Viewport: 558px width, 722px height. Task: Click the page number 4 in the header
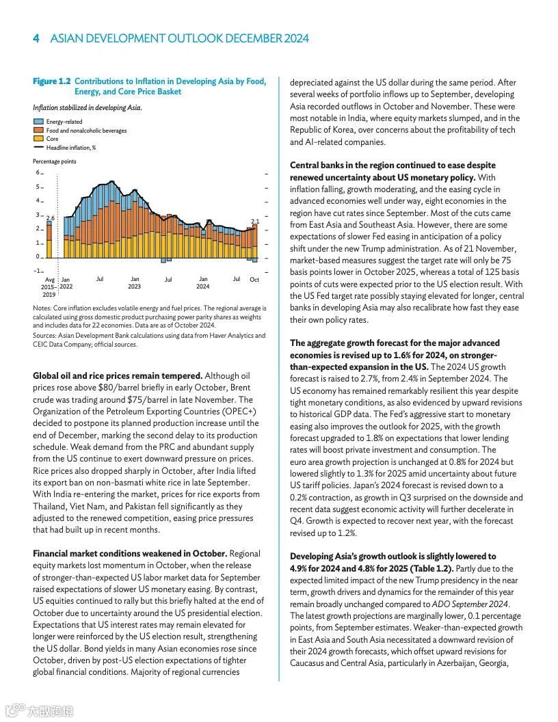click(x=36, y=38)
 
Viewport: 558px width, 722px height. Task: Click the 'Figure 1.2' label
click(x=52, y=81)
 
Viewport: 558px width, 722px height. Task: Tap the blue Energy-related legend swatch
click(x=38, y=122)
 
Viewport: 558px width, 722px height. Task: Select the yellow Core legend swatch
click(x=38, y=139)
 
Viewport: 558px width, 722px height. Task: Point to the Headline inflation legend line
click(x=38, y=147)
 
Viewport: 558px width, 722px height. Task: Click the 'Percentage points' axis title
click(x=55, y=161)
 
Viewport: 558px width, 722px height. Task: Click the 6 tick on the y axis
click(x=38, y=172)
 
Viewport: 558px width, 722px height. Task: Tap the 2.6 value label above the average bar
click(x=50, y=217)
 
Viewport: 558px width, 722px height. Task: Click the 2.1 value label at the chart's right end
click(x=255, y=221)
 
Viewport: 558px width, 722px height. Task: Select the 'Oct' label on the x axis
click(x=254, y=280)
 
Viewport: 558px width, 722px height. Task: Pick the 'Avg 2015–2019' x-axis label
click(x=49, y=286)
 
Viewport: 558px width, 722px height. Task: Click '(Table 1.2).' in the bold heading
click(x=429, y=568)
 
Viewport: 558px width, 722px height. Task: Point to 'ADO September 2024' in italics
click(x=471, y=604)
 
